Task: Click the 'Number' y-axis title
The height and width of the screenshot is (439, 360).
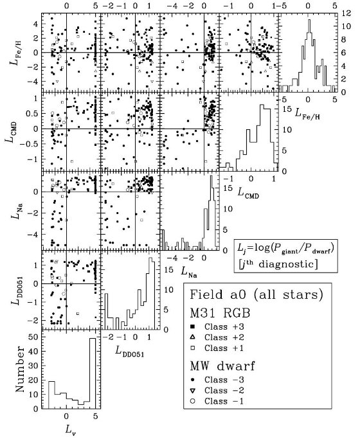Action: [x=19, y=370]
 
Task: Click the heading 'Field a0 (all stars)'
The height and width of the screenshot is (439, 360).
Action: [x=256, y=295]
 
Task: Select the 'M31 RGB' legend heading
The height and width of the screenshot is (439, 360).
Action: [x=220, y=313]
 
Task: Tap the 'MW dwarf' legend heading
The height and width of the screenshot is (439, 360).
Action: [x=222, y=366]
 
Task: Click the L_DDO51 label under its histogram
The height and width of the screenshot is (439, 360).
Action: [x=130, y=352]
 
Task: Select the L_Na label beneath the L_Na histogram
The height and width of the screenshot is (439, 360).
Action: [x=189, y=272]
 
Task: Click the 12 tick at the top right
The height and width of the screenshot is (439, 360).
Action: [x=345, y=13]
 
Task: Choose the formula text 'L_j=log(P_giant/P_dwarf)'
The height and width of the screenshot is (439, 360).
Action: [x=285, y=248]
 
